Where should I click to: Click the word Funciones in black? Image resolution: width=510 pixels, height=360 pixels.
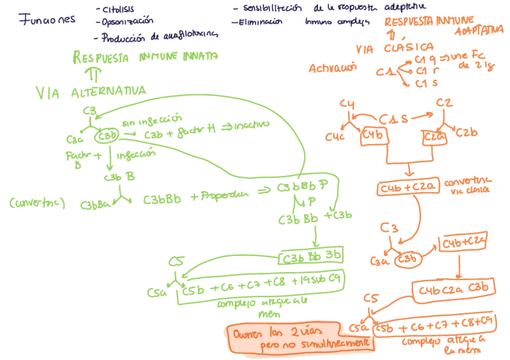click(x=47, y=19)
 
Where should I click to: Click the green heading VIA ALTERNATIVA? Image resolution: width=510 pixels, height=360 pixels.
click(x=90, y=92)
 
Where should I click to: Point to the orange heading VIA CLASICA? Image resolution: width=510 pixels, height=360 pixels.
click(x=395, y=48)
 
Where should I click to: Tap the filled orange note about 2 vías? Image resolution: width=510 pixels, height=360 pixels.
click(x=300, y=338)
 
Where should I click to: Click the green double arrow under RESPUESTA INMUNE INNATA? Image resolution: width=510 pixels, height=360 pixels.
click(x=92, y=75)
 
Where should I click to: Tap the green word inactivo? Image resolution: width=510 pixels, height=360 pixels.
click(x=252, y=126)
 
